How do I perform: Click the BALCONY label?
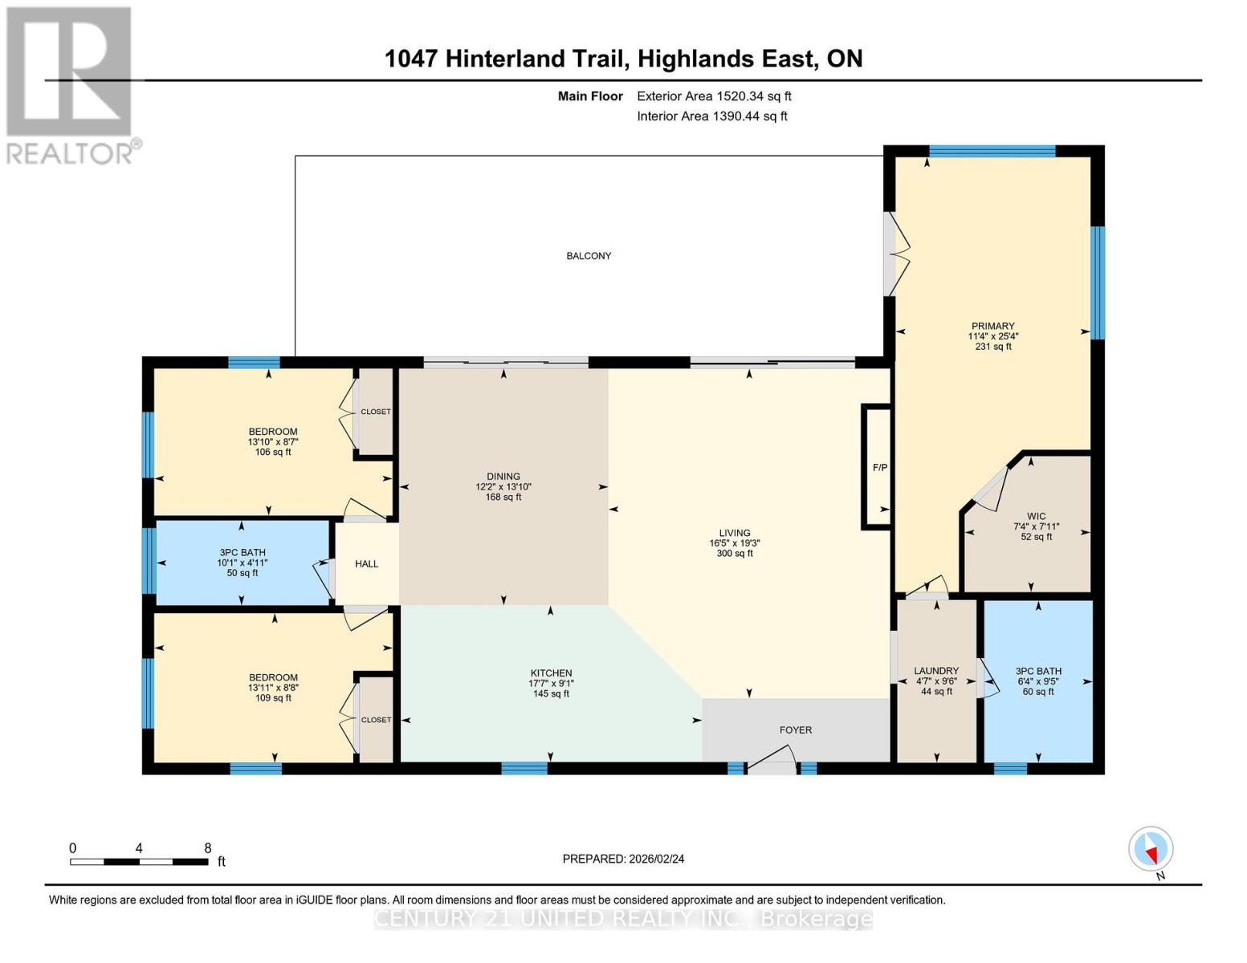coord(589,256)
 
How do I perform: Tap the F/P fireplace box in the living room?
coord(878,467)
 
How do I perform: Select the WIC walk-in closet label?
coord(1036,517)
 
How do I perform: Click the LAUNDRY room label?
coord(936,671)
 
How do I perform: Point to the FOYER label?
coord(795,730)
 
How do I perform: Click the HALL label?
coord(366,564)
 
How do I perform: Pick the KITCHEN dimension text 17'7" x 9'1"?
coord(551,684)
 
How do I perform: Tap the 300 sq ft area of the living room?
coord(734,554)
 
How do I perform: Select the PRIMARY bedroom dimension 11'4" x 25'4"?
coord(992,337)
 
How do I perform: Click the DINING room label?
coord(503,477)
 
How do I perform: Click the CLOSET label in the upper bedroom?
coord(375,412)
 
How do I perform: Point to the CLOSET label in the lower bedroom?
coord(375,720)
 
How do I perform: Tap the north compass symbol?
coord(1151,849)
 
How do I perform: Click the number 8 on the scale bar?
coord(207,848)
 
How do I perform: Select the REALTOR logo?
coord(71,84)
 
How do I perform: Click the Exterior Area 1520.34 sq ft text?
coord(714,96)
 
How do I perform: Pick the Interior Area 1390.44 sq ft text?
coord(711,116)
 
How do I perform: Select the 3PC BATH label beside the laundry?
coord(1038,671)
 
